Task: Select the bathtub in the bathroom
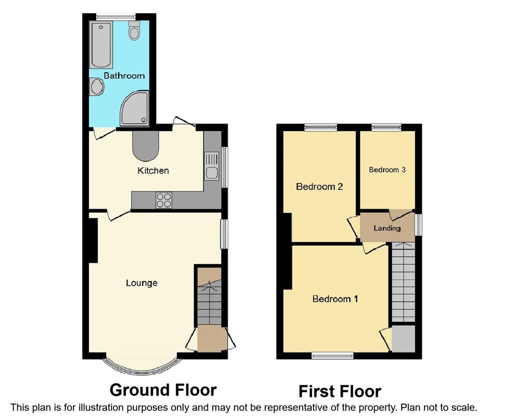pyautogui.click(x=101, y=45)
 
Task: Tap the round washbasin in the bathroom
pyautogui.click(x=97, y=87)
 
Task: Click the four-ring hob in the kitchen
pyautogui.click(x=164, y=200)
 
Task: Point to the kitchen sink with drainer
pyautogui.click(x=211, y=166)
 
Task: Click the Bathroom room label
pyautogui.click(x=124, y=76)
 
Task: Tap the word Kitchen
pyautogui.click(x=153, y=171)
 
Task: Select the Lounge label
pyautogui.click(x=141, y=283)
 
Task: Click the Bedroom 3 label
pyautogui.click(x=387, y=170)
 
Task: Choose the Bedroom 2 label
pyautogui.click(x=319, y=186)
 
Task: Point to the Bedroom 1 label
pyautogui.click(x=335, y=299)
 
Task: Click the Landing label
pyautogui.click(x=387, y=228)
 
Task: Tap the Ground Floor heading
pyautogui.click(x=163, y=390)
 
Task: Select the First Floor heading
pyautogui.click(x=340, y=391)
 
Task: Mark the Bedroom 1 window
pyautogui.click(x=332, y=356)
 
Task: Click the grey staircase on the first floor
pyautogui.click(x=403, y=282)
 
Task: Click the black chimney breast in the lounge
pyautogui.click(x=93, y=240)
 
